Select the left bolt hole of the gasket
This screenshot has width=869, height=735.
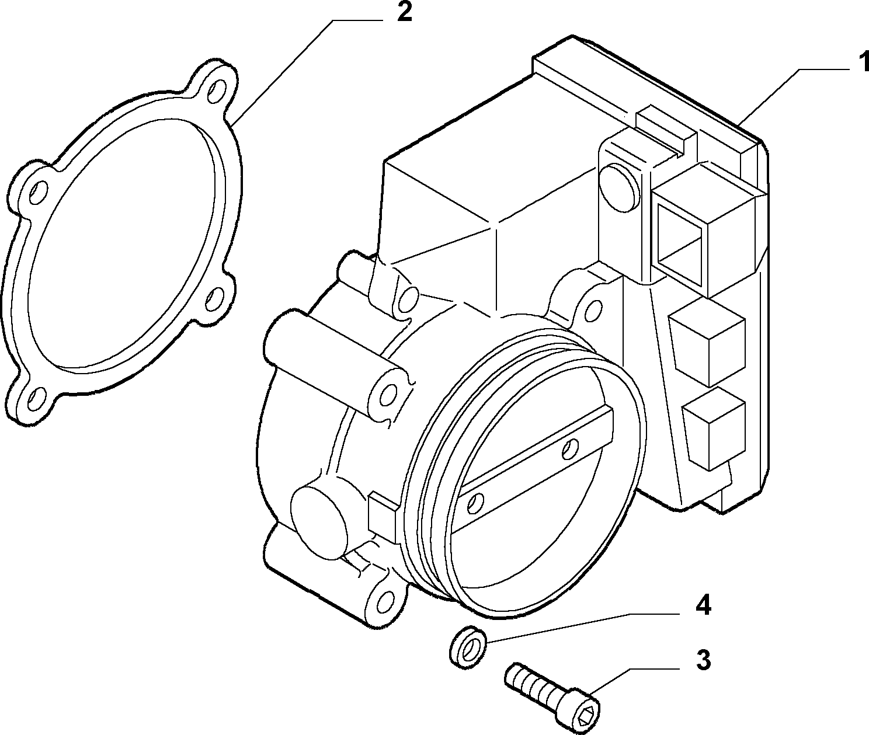[39, 191]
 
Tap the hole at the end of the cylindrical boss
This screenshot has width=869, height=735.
[388, 393]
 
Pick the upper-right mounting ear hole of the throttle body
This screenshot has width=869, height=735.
[593, 310]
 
